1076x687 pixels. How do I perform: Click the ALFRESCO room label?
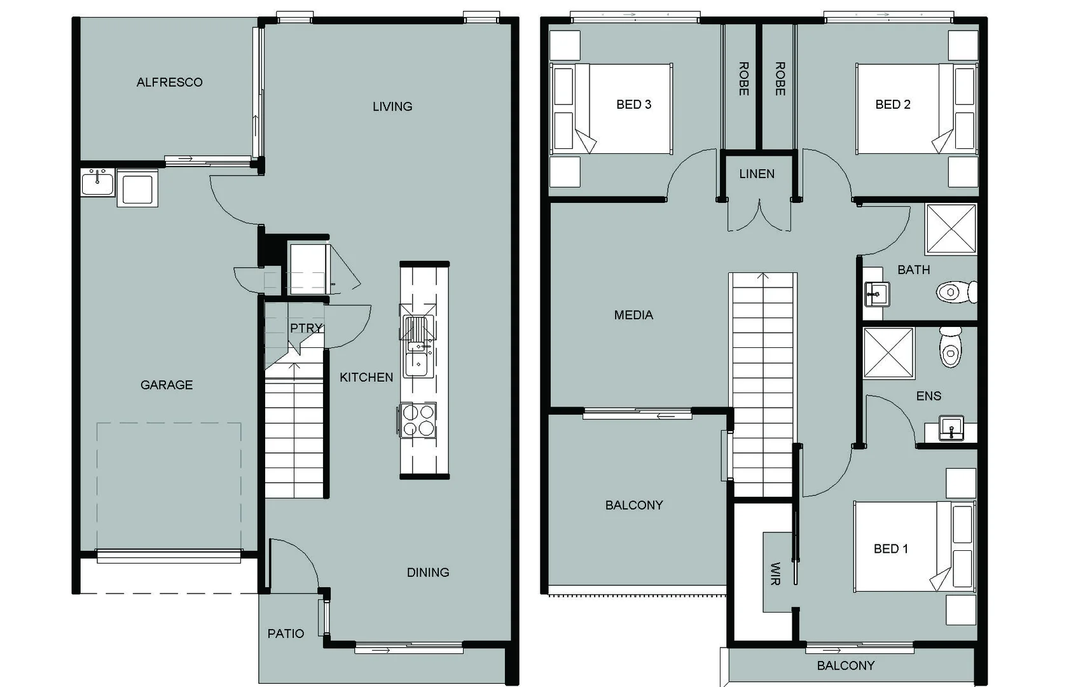[x=169, y=82]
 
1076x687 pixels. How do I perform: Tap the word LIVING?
[x=392, y=107]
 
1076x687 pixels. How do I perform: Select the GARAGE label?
[x=166, y=385]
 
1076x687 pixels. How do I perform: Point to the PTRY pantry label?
[x=306, y=328]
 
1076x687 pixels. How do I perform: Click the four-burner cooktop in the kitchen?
[x=418, y=420]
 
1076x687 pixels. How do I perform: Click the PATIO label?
[x=285, y=634]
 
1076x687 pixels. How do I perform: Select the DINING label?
[x=427, y=572]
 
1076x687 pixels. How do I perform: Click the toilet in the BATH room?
[x=955, y=292]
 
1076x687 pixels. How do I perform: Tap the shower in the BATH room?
[x=951, y=228]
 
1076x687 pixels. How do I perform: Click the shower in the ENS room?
[x=888, y=353]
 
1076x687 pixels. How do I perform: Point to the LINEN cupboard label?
[x=756, y=174]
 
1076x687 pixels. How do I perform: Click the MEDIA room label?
[x=633, y=315]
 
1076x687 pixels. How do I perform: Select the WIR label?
[x=775, y=573]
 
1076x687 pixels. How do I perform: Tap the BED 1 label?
[x=890, y=548]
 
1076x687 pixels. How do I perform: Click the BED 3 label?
[x=633, y=104]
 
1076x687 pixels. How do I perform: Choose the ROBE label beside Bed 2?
[x=780, y=79]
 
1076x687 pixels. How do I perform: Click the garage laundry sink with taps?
[x=97, y=183]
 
